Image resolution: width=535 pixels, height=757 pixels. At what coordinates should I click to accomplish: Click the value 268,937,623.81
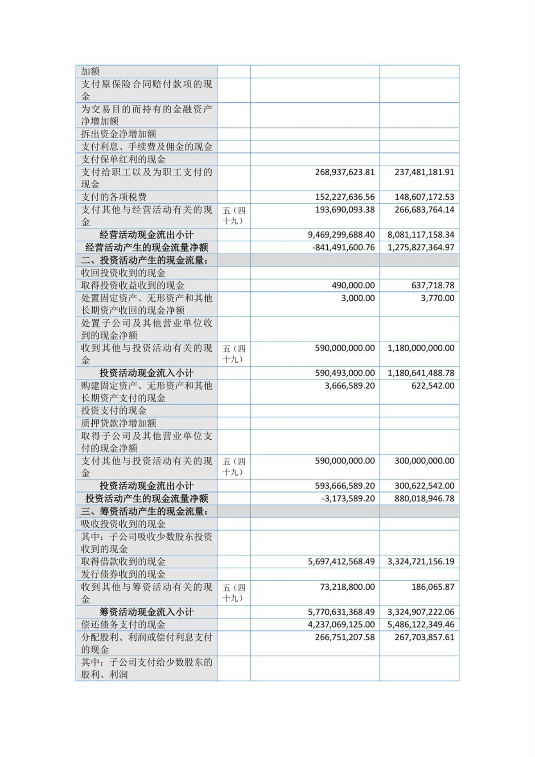point(345,172)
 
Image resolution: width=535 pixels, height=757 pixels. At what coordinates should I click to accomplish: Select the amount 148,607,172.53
point(424,197)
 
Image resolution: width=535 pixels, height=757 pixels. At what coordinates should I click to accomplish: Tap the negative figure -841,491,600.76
point(343,248)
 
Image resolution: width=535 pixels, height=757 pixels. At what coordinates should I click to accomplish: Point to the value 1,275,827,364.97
point(421,248)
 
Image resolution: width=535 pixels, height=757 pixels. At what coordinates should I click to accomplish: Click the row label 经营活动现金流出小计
point(146,235)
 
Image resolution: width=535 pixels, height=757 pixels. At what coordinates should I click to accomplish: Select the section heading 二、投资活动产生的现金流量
point(144,261)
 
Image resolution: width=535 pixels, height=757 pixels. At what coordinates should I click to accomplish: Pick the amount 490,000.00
point(353,285)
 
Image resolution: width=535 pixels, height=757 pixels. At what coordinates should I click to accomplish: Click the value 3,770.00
point(437,298)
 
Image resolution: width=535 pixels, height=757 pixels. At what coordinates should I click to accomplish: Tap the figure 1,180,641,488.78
point(421,373)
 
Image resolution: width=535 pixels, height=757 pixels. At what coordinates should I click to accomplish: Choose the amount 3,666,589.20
point(350,386)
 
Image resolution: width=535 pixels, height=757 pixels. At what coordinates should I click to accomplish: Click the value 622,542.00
point(432,386)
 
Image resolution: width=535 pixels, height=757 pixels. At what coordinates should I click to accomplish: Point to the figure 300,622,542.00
point(424,486)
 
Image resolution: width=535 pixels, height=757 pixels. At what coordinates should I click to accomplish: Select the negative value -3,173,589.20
point(348,499)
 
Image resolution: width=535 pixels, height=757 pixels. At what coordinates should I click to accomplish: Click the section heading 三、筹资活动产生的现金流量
point(144,512)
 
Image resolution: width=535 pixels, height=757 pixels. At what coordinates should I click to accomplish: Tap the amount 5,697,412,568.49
point(341,562)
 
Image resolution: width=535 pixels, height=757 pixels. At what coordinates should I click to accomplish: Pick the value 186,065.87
point(432,587)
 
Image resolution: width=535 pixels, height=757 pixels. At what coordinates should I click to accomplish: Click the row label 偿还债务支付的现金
point(123,625)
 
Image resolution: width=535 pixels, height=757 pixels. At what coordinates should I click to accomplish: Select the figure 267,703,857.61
point(424,637)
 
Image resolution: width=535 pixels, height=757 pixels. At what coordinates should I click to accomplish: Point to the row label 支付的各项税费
point(114,197)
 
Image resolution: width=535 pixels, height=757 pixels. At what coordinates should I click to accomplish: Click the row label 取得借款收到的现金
point(123,562)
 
